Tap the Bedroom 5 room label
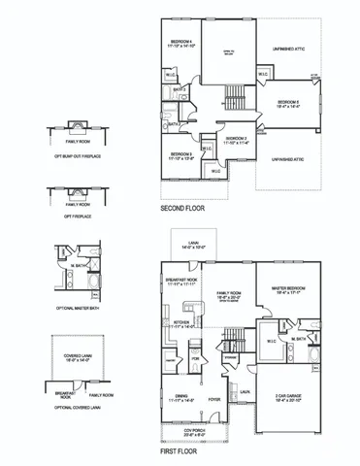pos(287,105)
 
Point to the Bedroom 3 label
pos(183,155)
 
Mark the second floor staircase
pos(233,95)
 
